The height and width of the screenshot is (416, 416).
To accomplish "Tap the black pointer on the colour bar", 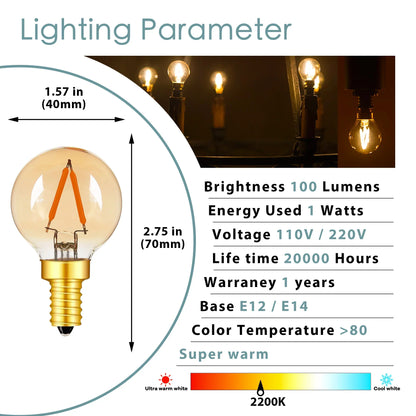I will tap(262, 386).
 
